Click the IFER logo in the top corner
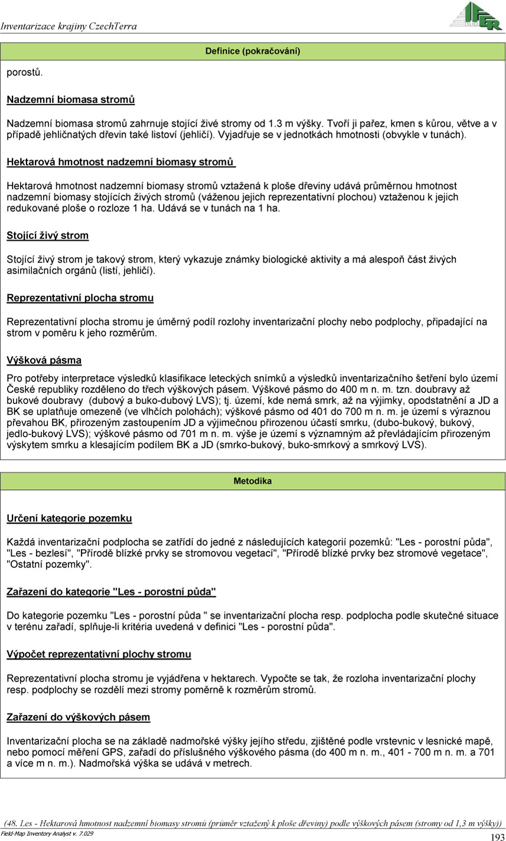[476, 15]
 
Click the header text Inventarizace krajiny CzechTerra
[69, 27]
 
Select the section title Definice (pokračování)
[253, 51]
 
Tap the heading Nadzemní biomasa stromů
[71, 100]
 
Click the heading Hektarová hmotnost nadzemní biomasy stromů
[121, 162]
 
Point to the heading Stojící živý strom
[48, 236]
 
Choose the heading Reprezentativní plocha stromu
[80, 298]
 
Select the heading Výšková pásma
[44, 360]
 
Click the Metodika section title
[253, 481]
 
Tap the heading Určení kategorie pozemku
[69, 519]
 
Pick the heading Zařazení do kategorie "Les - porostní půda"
[111, 591]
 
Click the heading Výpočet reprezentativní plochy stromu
[99, 654]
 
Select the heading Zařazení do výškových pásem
[78, 717]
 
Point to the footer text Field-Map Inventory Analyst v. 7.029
[47, 833]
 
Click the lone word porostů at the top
[24, 73]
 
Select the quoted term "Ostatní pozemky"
[49, 564]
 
